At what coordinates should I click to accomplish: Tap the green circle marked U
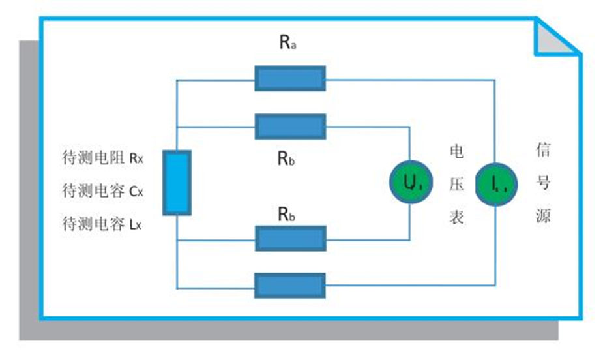pos(411,185)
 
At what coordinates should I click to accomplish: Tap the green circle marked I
pos(495,185)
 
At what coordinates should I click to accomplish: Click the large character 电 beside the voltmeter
pos(457,151)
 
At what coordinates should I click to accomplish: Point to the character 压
pos(457,185)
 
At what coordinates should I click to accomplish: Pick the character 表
pos(457,217)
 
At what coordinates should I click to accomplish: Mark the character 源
pos(543,216)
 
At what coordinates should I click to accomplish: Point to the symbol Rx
pos(135,158)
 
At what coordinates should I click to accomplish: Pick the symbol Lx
pos(134,225)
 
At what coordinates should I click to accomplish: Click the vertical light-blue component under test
pos(177,183)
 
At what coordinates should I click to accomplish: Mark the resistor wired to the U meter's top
pos(290,126)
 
